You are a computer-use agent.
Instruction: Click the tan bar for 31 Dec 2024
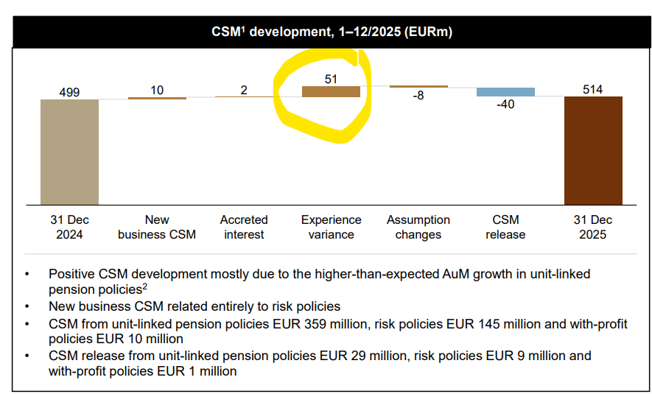[69, 152]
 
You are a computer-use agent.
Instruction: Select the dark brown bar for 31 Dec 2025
[592, 150]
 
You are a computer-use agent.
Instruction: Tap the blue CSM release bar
[505, 92]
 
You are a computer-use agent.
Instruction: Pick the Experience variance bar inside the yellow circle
[331, 91]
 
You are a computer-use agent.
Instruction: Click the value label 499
[69, 92]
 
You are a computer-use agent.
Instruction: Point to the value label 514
[592, 89]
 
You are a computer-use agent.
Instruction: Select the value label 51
[332, 78]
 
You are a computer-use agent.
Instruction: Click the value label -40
[505, 105]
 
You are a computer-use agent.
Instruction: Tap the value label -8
[418, 96]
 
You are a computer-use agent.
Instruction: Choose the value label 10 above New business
[157, 90]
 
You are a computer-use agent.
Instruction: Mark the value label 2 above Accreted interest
[244, 90]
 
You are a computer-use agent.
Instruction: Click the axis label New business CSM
[157, 227]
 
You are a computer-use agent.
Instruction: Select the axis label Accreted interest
[244, 227]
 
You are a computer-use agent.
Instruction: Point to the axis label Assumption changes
[418, 227]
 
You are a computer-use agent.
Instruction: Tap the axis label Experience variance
[332, 227]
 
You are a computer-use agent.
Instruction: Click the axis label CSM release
[505, 227]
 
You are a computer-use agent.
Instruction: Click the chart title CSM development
[332, 32]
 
